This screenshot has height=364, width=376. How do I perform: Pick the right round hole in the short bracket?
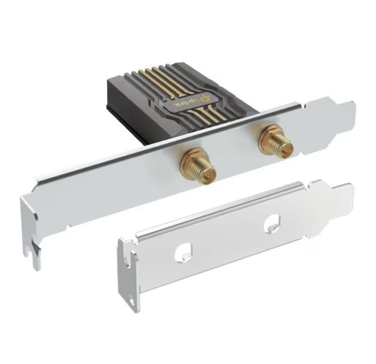pos(271,222)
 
